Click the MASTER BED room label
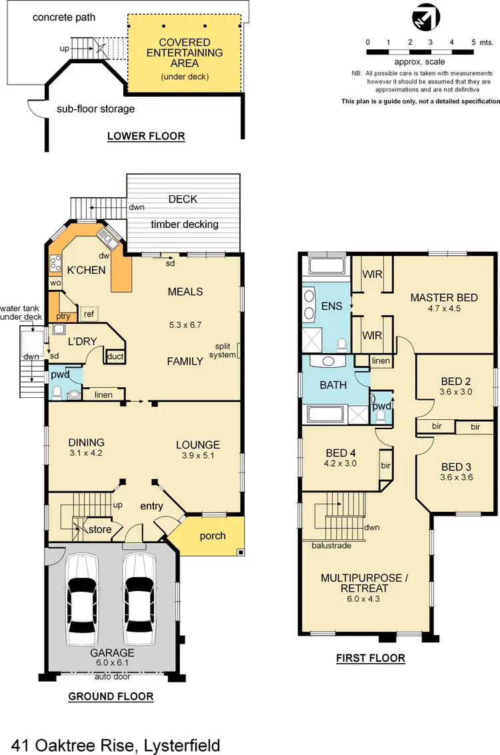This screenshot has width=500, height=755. [444, 297]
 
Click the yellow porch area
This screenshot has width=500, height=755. [213, 536]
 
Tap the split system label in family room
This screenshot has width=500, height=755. [225, 351]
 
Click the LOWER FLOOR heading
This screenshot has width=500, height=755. [146, 137]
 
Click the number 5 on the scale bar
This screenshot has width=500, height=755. [473, 42]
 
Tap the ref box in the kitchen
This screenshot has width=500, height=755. [88, 314]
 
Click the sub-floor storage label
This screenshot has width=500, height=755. [95, 109]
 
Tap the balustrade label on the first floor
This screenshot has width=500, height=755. [331, 545]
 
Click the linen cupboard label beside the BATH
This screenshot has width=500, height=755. [381, 361]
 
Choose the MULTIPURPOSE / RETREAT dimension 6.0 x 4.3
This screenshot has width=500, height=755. [363, 599]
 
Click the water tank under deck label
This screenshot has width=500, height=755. [22, 313]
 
